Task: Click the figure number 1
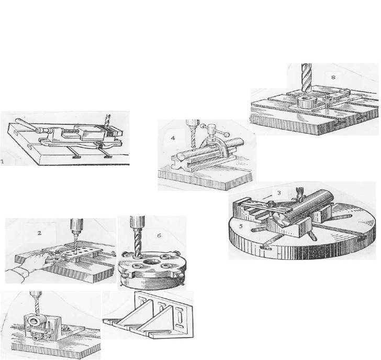pyautogui.click(x=2, y=161)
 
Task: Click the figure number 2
pyautogui.click(x=39, y=233)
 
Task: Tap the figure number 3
pyautogui.click(x=279, y=193)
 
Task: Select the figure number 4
pyautogui.click(x=173, y=138)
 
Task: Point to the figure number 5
pyautogui.click(x=241, y=226)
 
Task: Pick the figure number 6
pyautogui.click(x=159, y=235)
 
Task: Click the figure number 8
pyautogui.click(x=333, y=77)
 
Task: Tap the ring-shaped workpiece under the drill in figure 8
pyautogui.click(x=305, y=101)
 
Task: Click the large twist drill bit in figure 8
pyautogui.click(x=306, y=78)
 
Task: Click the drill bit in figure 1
pyautogui.click(x=107, y=121)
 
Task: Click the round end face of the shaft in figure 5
pyautogui.click(x=282, y=219)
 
